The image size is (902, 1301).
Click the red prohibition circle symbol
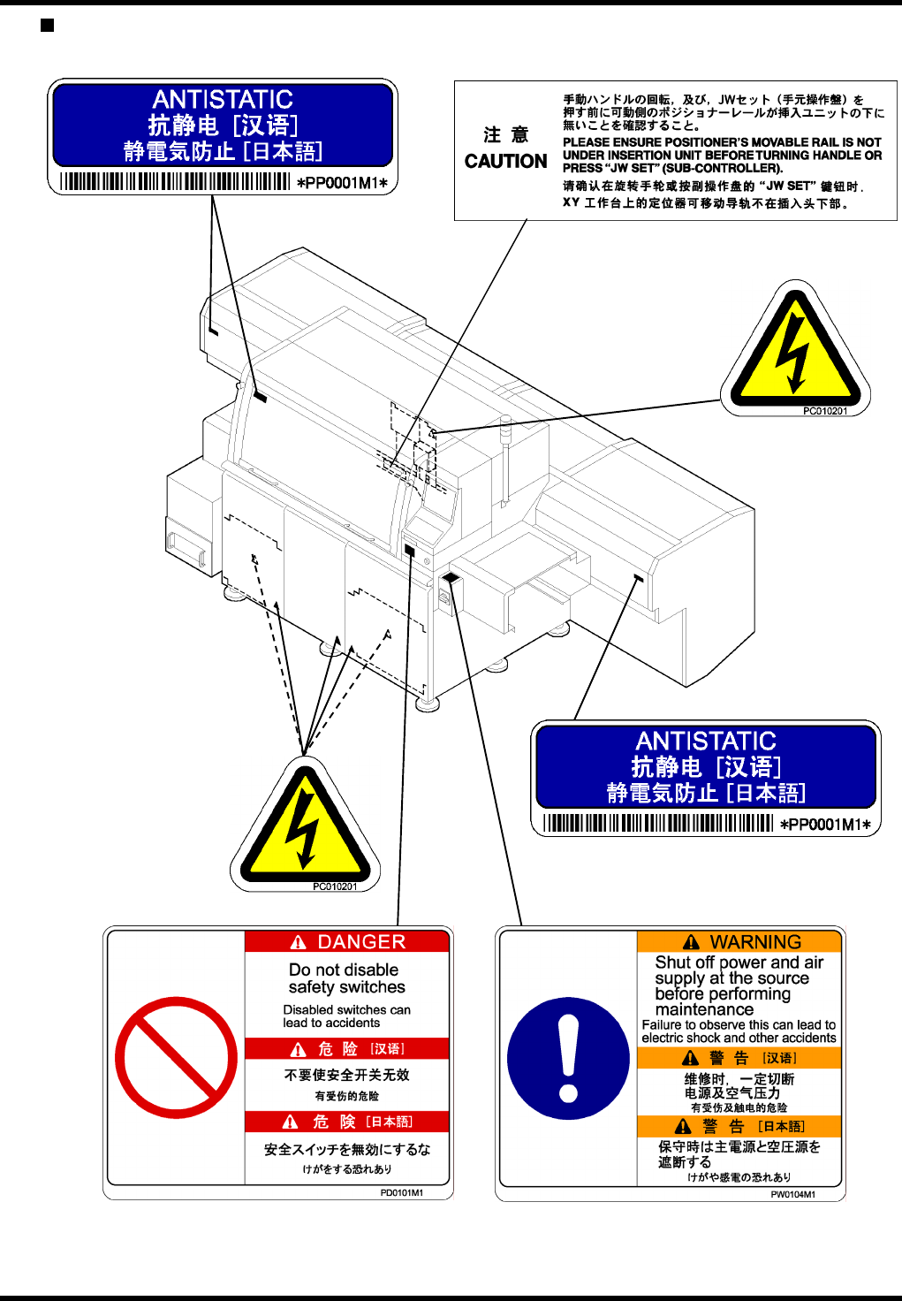176,1057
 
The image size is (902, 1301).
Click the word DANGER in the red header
361,942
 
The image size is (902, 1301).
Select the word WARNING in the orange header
755,942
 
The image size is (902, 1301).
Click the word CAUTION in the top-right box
505,161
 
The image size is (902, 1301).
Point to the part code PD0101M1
401,1192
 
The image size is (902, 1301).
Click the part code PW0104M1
792,1194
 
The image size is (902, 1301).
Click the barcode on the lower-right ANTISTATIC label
658,824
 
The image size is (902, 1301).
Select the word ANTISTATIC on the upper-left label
223,99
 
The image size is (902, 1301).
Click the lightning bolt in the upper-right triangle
794,346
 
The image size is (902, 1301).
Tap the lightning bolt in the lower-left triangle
304,826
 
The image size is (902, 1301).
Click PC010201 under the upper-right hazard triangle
824,411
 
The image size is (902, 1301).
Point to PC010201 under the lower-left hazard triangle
335,886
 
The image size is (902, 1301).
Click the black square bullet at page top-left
48,25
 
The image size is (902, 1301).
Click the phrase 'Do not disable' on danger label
344,970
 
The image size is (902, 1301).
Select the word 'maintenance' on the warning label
704,1009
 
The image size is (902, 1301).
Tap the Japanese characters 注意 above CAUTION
505,134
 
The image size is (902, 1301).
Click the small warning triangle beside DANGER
299,942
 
